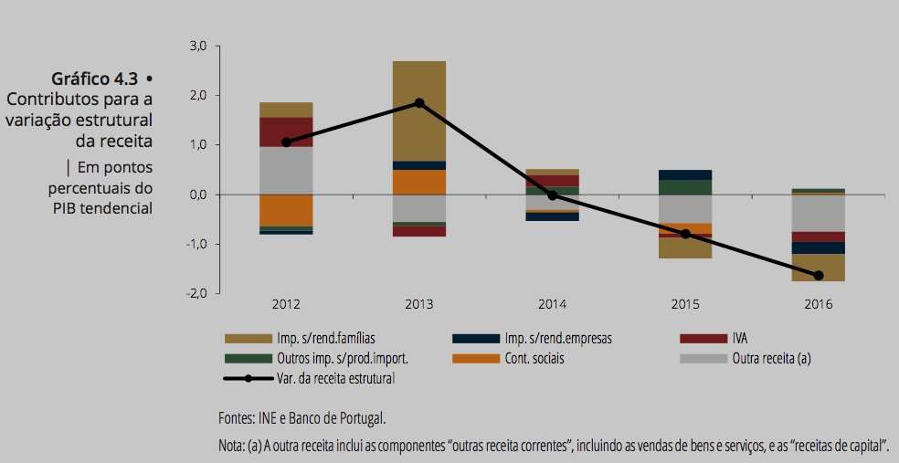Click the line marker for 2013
419,103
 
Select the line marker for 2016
819,276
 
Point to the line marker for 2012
286,142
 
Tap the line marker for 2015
685,234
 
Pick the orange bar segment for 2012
286,210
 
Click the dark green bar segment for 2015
685,187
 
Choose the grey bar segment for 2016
819,213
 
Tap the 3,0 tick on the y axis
198,46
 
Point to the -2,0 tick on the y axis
197,294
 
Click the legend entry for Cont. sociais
534,358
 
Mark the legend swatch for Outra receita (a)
703,358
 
